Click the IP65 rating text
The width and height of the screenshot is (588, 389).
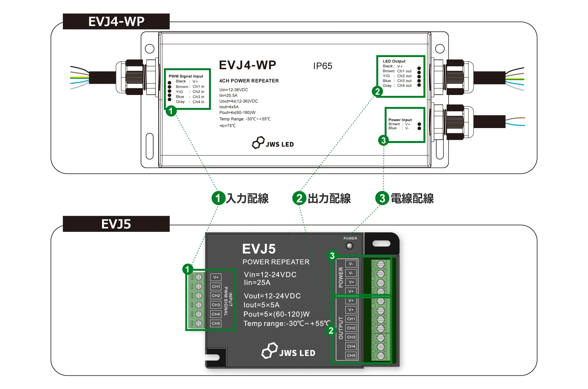pos(323,66)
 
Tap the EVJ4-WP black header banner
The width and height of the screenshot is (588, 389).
pos(116,22)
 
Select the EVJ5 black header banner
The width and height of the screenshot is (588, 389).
pos(116,224)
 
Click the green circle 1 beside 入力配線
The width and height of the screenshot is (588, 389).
pos(218,198)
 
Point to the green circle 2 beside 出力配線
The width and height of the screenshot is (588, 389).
pos(299,198)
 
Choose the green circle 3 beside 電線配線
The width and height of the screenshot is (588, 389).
pos(382,198)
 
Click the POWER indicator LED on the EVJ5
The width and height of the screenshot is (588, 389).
pos(350,246)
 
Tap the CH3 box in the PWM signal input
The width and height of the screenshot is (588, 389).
pos(216,305)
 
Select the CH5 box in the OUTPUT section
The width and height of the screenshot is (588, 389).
pos(351,355)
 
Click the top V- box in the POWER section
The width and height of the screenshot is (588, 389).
pos(351,264)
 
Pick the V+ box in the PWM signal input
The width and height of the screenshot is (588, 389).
pos(216,277)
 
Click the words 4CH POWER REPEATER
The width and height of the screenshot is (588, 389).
pos(249,81)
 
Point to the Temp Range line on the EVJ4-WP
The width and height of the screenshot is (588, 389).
pos(245,119)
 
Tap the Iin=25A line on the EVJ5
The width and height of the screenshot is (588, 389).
pos(257,283)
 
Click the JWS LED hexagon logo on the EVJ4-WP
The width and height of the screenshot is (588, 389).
pos(258,142)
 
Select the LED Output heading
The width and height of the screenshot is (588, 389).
pos(394,61)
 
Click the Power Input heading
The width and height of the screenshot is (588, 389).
pos(400,120)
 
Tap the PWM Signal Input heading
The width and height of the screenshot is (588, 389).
pos(186,76)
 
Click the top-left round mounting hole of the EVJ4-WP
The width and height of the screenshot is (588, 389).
pos(149,49)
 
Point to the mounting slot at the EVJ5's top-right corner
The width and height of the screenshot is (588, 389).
pos(381,243)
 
